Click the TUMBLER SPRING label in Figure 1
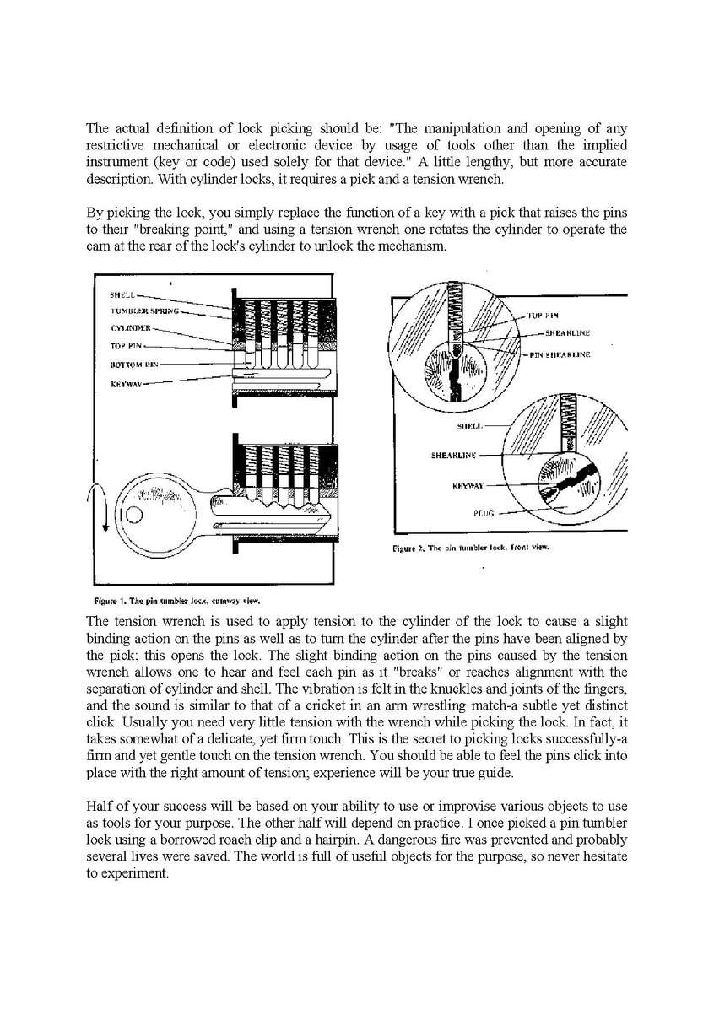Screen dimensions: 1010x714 143,311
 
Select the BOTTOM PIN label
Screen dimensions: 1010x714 134,364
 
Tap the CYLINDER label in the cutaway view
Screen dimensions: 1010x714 130,327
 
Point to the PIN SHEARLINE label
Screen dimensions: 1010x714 560,354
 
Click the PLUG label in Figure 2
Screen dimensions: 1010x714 484,513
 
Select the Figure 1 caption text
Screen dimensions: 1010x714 176,602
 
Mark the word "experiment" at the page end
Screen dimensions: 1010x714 134,873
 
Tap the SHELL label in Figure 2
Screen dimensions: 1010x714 468,425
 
